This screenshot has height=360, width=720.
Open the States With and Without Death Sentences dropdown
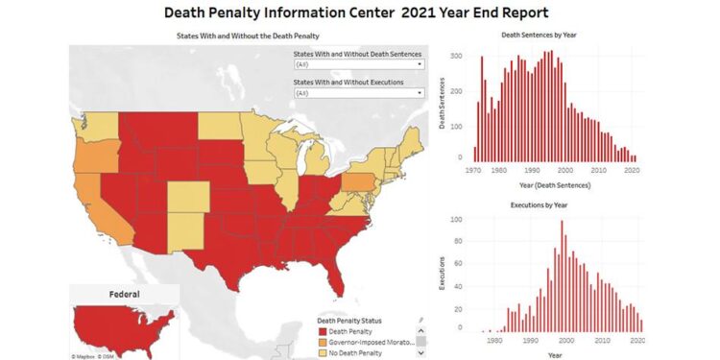point(358,65)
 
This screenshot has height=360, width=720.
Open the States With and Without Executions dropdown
point(358,93)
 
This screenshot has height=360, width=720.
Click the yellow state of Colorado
point(187,198)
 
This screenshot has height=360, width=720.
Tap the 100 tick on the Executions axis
point(459,220)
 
